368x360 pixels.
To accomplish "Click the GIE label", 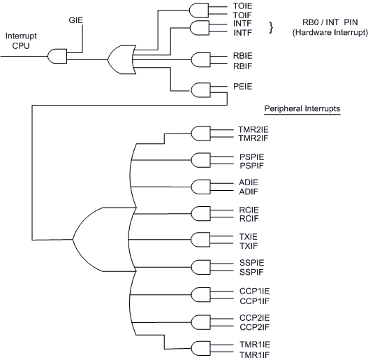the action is click(x=76, y=20).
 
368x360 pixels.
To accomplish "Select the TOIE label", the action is click(x=243, y=6).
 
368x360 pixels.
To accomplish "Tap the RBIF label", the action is click(x=242, y=66).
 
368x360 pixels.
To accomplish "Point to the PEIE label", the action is click(x=243, y=87).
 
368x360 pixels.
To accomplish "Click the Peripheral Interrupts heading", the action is click(x=302, y=108).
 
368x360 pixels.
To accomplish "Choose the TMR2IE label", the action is click(x=253, y=130).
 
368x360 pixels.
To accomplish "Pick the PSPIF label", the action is click(x=251, y=166).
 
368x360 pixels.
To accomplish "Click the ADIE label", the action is click(x=249, y=182).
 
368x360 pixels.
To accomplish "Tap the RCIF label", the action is click(x=249, y=219).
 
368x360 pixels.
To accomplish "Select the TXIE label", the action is click(x=249, y=236).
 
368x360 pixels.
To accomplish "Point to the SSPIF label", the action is click(x=251, y=272).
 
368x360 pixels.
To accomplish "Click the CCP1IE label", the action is click(x=254, y=291).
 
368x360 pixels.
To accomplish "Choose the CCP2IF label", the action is click(x=254, y=327).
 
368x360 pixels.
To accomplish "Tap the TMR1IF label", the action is click(x=254, y=354).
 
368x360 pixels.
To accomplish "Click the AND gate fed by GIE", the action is click(x=57, y=56).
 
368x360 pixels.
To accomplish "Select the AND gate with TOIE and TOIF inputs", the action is click(x=199, y=10).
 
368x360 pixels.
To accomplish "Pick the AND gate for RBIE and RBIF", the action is click(x=201, y=59).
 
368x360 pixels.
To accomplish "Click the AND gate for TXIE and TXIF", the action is click(x=200, y=240).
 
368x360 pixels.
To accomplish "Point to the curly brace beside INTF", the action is click(x=272, y=27).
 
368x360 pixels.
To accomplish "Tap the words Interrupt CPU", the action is click(x=21, y=41).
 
